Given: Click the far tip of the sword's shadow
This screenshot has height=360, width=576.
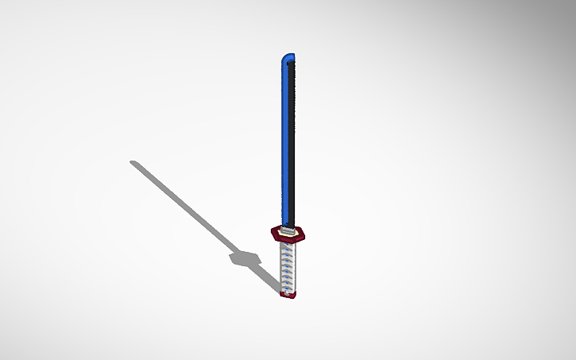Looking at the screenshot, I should coord(133,163).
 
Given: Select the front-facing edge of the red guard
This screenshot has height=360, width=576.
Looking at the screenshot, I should coord(288,241).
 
